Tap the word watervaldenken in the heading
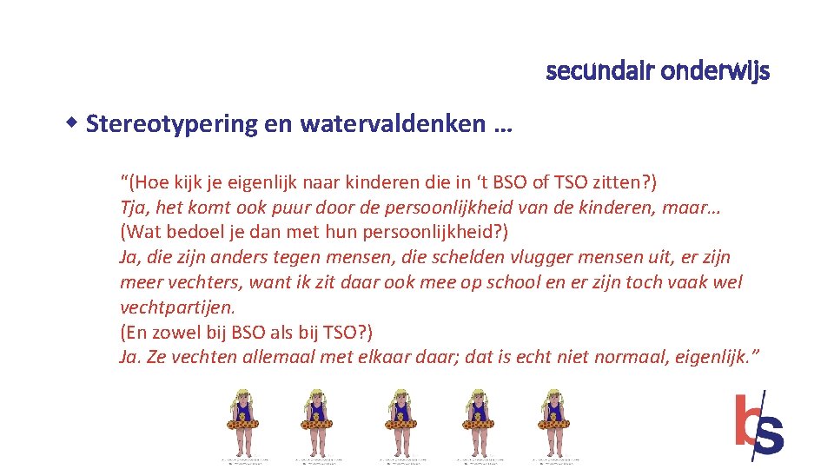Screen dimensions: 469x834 pos(393,124)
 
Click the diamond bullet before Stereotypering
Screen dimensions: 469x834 pos(76,120)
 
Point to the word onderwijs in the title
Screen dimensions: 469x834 pos(715,71)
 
